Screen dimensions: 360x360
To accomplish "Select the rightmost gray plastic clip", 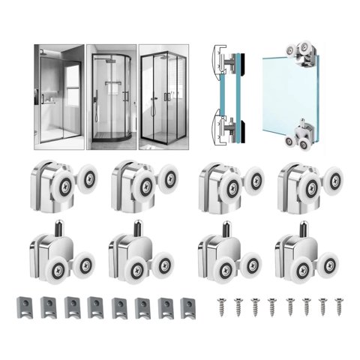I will (188, 306).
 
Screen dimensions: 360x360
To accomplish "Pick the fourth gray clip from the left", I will (94, 306).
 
